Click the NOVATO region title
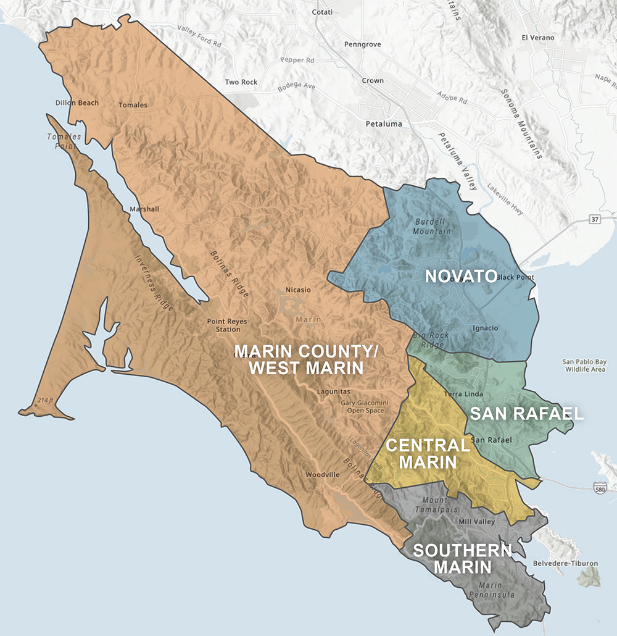[x=461, y=276]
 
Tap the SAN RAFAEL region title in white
[x=526, y=414]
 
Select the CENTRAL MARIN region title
[x=427, y=453]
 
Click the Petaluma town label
[x=384, y=124]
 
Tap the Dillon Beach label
[x=77, y=103]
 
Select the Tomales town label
[x=133, y=105]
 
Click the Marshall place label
[x=144, y=209]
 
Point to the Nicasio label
[x=298, y=290]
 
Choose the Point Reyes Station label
[x=223, y=325]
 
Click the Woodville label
[x=323, y=475]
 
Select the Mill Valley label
[x=477, y=522]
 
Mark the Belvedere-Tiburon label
[x=565, y=564]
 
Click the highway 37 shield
[x=595, y=220]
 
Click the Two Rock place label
[x=241, y=82]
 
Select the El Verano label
[x=538, y=38]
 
